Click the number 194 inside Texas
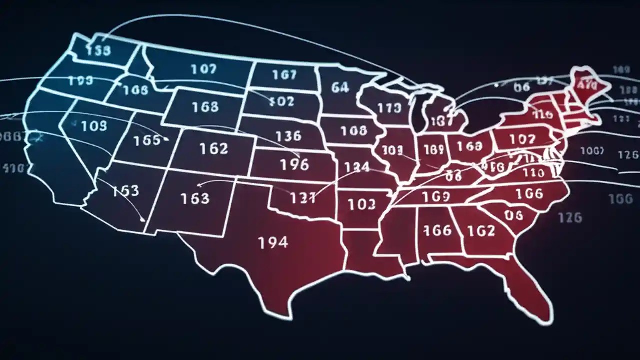(x=273, y=243)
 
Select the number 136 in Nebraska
(x=288, y=136)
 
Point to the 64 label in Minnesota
(x=340, y=88)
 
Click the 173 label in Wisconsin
(x=389, y=108)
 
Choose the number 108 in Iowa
(x=353, y=131)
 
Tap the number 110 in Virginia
(x=533, y=173)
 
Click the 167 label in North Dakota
(x=284, y=75)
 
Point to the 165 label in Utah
(x=148, y=140)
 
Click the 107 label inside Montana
(x=203, y=69)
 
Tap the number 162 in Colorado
(x=213, y=149)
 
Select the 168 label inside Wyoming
(x=205, y=107)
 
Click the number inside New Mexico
(x=195, y=198)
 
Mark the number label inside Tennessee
(x=436, y=197)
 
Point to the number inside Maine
(x=587, y=85)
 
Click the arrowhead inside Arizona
(x=143, y=219)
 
